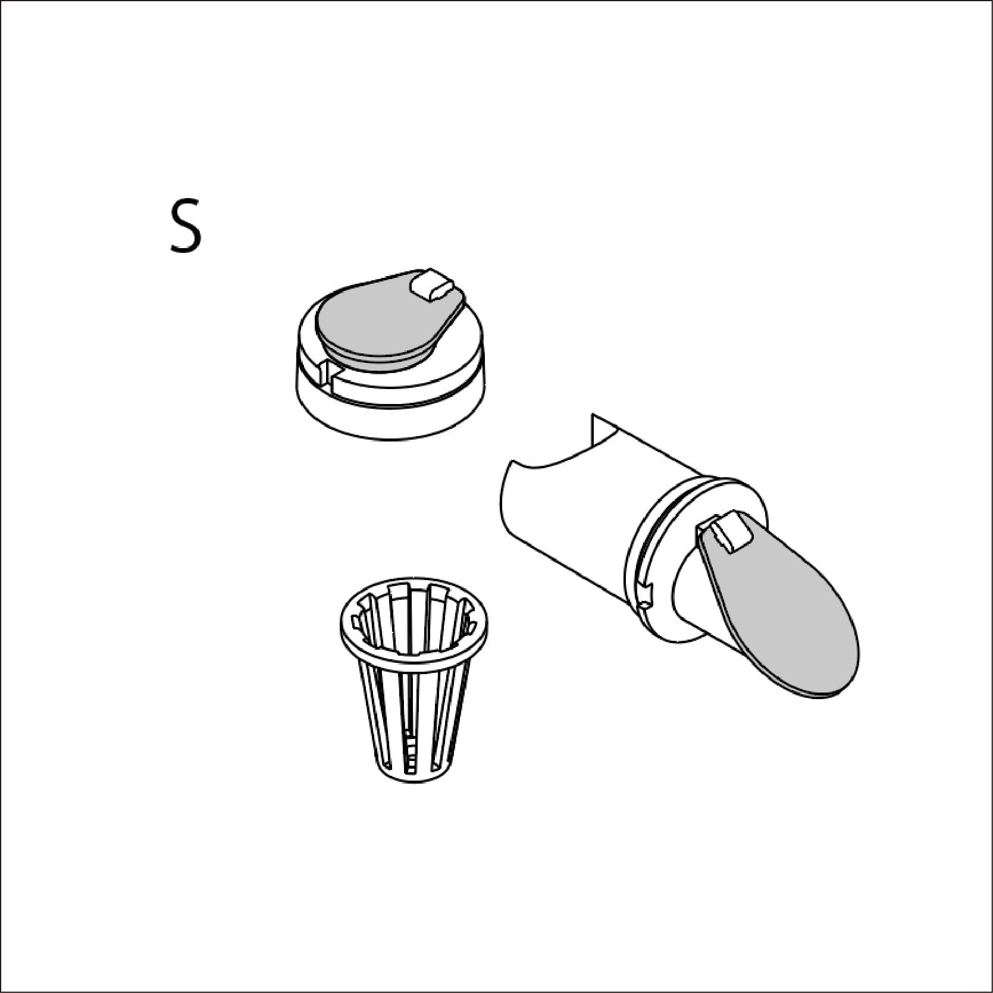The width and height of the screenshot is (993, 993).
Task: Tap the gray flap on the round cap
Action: pyautogui.click(x=381, y=324)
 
